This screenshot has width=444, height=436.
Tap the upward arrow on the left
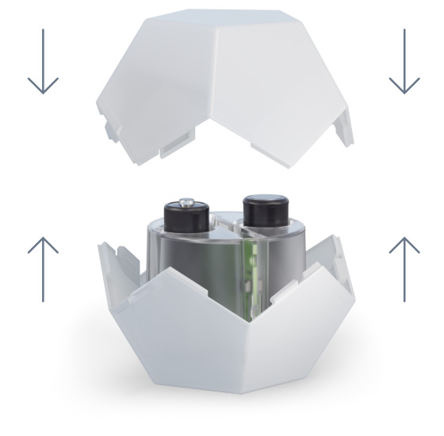click(x=42, y=266)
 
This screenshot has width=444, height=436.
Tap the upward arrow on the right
click(x=404, y=267)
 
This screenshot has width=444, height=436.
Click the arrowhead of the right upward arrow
click(x=404, y=239)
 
